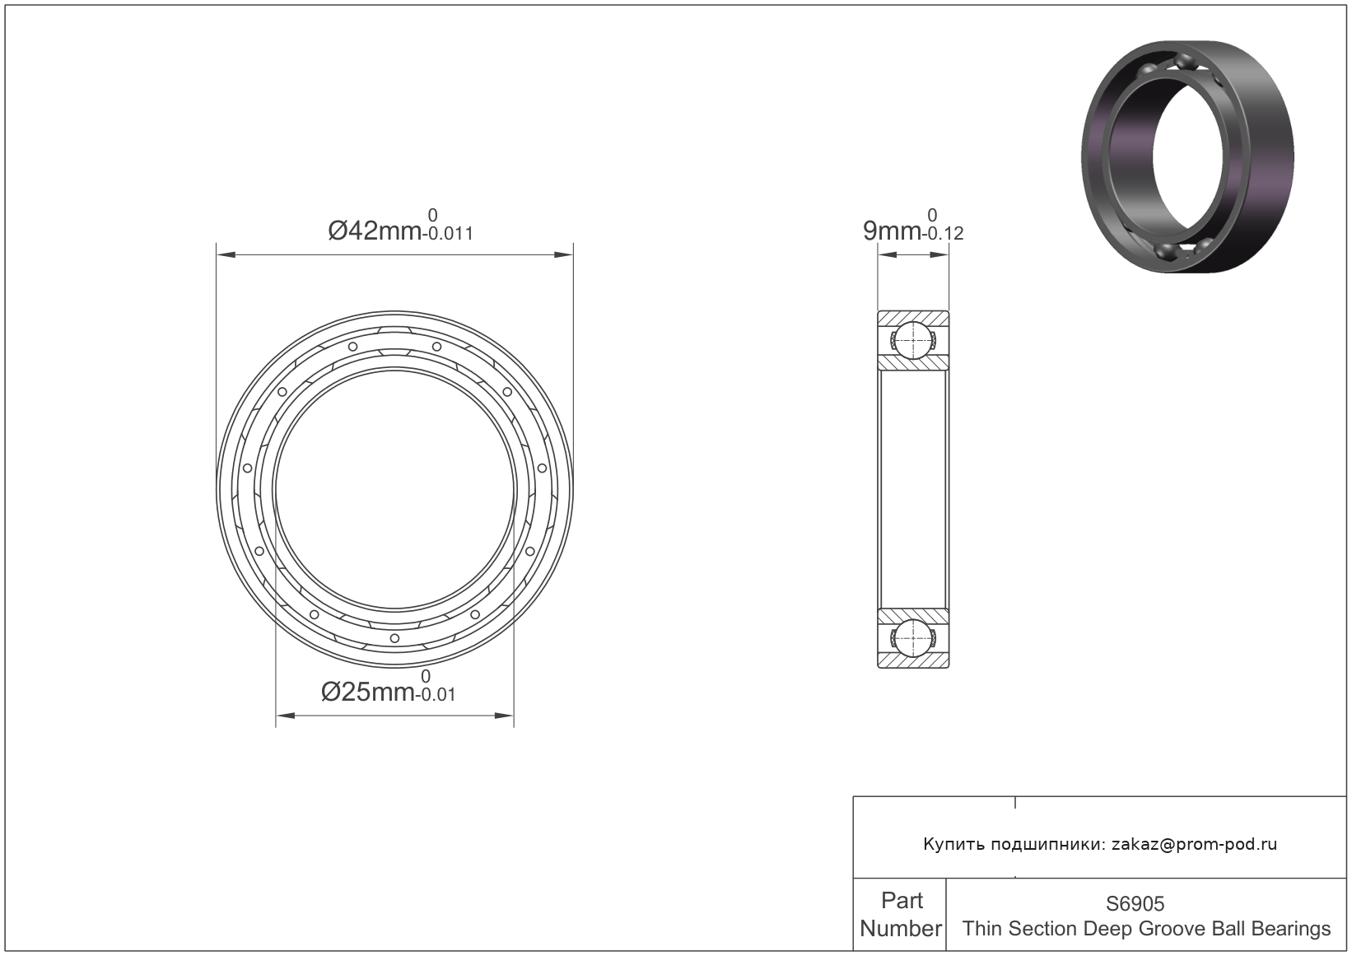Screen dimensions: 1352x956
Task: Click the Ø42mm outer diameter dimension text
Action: (x=374, y=231)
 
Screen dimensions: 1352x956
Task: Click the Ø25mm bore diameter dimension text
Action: (x=367, y=692)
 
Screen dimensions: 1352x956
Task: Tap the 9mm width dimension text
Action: (x=892, y=231)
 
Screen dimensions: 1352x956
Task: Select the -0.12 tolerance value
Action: (x=942, y=234)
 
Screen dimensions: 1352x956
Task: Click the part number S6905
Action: (x=1135, y=903)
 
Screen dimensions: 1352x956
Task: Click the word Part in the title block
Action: (x=902, y=901)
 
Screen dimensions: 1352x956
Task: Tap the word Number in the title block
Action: (x=901, y=928)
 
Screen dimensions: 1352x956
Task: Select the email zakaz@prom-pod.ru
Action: (x=1195, y=844)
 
